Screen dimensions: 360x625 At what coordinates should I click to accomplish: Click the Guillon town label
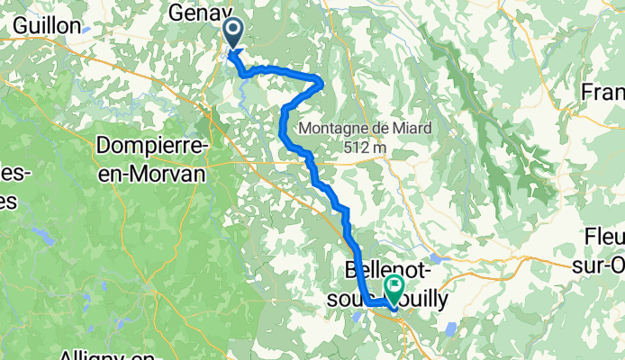coord(47,25)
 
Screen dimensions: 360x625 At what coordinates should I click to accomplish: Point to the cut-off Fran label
coord(602,92)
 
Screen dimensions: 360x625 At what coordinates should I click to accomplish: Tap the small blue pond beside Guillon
coord(86,29)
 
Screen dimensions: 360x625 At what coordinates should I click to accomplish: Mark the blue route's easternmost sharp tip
coord(322,84)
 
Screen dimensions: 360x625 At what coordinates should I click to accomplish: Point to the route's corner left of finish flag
coord(367,304)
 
